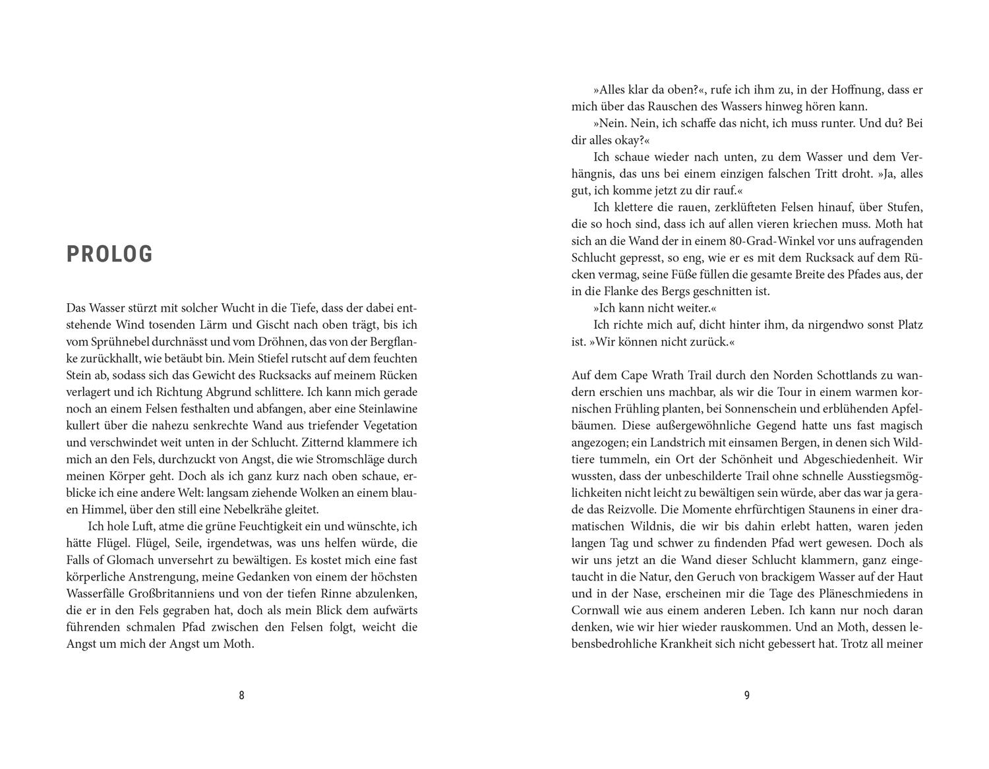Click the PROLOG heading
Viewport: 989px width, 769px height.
pos(109,254)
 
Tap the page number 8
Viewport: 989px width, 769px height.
pos(241,695)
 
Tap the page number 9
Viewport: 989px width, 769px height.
pos(747,695)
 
